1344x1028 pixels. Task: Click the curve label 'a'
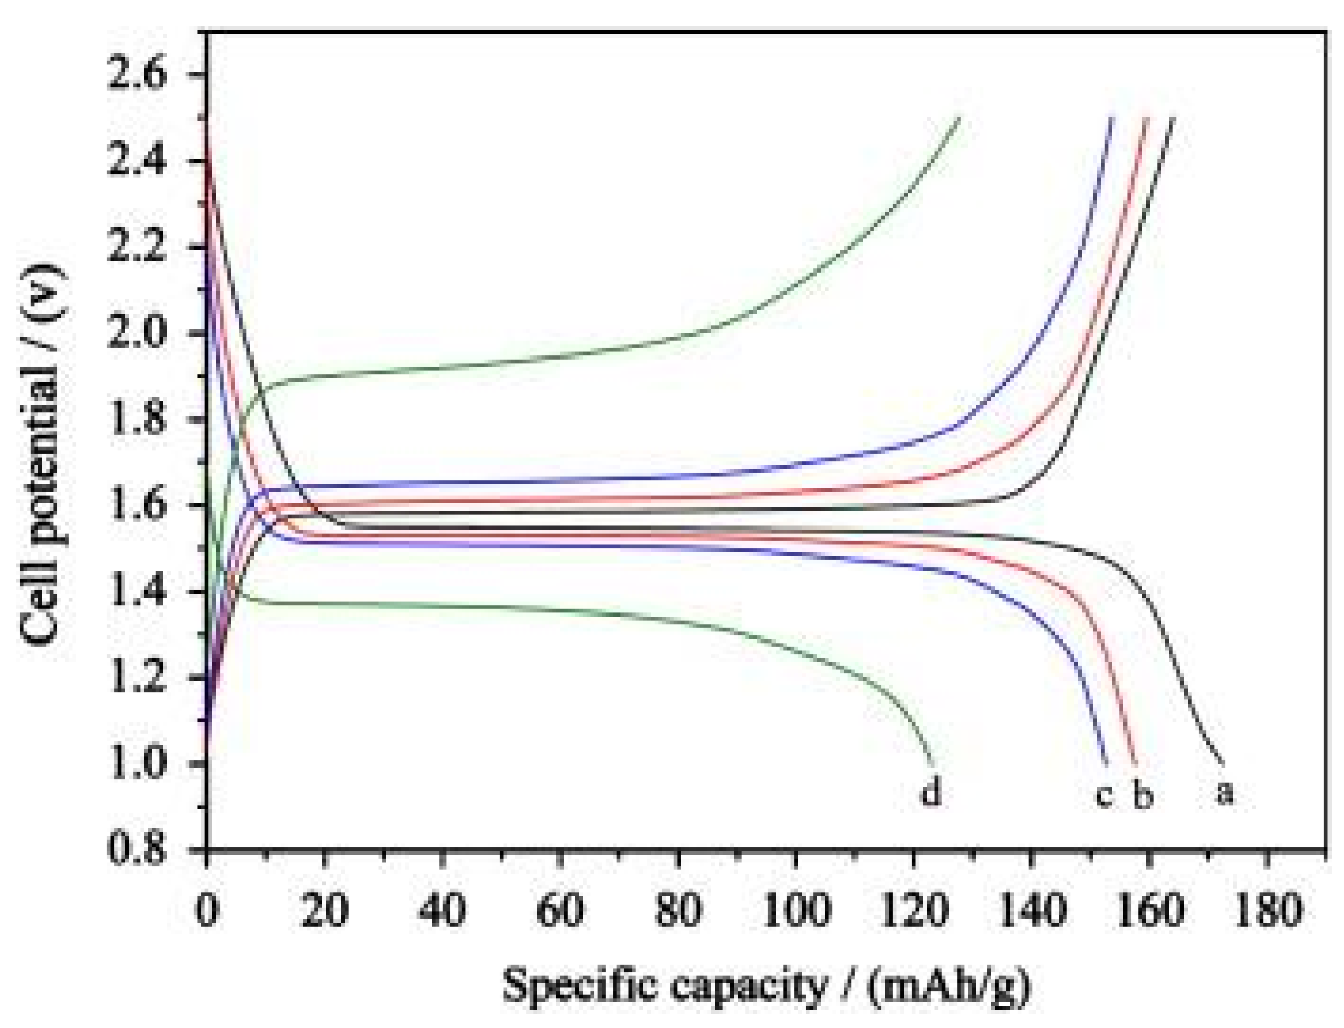tap(1225, 792)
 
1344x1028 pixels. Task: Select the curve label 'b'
tap(1142, 795)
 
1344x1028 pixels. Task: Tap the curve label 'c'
tap(1103, 795)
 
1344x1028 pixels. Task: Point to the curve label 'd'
tap(931, 791)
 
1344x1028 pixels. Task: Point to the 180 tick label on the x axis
tap(1268, 911)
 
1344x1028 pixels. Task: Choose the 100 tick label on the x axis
tap(796, 911)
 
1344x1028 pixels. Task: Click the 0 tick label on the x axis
tap(207, 911)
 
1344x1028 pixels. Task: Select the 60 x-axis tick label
tap(560, 911)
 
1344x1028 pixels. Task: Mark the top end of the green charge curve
tap(959, 119)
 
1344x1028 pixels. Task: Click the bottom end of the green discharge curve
tap(932, 763)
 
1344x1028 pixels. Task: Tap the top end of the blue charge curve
tap(1112, 119)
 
